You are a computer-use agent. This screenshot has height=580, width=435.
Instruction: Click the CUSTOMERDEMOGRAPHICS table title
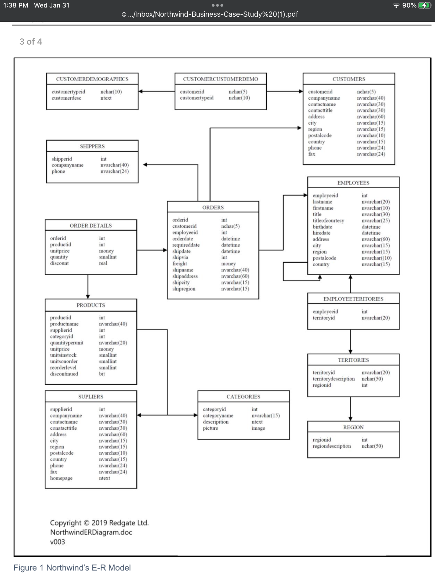pyautogui.click(x=92, y=79)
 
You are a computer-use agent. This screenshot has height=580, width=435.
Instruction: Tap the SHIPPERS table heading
pyautogui.click(x=92, y=146)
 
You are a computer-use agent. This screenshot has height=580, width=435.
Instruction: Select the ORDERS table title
pyautogui.click(x=213, y=208)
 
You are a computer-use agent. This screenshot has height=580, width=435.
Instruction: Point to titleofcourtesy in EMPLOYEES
pyautogui.click(x=328, y=221)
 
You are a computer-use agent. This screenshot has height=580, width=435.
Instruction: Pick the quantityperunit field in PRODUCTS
pyautogui.click(x=67, y=343)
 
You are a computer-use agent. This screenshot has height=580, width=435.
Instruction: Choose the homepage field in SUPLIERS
pyautogui.click(x=61, y=478)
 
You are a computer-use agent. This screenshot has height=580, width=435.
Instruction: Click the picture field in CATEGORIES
pyautogui.click(x=210, y=428)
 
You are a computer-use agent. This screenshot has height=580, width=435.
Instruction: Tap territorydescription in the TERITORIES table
pyautogui.click(x=334, y=379)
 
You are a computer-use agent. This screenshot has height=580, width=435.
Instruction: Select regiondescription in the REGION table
pyautogui.click(x=332, y=446)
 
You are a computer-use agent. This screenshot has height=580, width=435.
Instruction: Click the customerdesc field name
pyautogui.click(x=66, y=98)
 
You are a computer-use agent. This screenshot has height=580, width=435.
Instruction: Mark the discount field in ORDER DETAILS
pyautogui.click(x=59, y=263)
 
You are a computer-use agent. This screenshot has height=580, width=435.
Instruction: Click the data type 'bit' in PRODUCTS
pyautogui.click(x=102, y=374)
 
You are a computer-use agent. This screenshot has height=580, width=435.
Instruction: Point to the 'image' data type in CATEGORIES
pyautogui.click(x=258, y=428)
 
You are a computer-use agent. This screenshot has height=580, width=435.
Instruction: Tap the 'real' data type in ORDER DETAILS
pyautogui.click(x=103, y=263)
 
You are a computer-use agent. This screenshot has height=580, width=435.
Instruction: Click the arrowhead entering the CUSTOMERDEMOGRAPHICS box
pyautogui.click(x=140, y=92)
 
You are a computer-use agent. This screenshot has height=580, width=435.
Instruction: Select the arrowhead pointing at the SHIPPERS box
pyautogui.click(x=145, y=165)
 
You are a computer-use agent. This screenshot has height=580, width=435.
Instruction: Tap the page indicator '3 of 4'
pyautogui.click(x=31, y=42)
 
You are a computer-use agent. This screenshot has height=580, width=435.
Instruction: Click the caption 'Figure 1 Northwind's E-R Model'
pyautogui.click(x=72, y=568)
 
